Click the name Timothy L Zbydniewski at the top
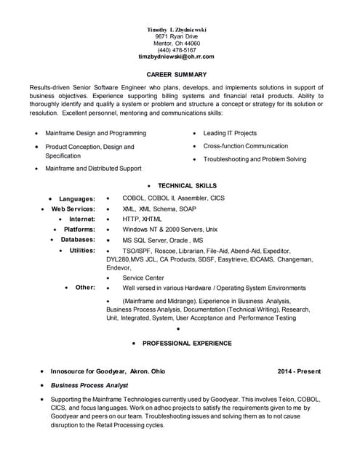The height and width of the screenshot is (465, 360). click(177, 29)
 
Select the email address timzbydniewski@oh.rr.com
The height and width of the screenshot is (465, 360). click(177, 56)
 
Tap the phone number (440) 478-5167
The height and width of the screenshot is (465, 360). click(177, 49)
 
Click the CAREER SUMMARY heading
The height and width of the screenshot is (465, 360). click(177, 75)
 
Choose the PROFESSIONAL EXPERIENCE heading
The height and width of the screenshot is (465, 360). click(187, 343)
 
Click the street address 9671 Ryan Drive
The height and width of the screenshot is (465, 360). click(177, 36)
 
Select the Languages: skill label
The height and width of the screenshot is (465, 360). click(77, 199)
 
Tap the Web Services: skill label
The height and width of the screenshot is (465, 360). click(73, 209)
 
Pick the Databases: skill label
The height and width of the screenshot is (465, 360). click(78, 239)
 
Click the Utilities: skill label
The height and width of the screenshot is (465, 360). click(82, 250)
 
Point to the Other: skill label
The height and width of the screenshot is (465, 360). click(85, 288)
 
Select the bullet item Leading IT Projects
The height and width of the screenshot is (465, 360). click(230, 134)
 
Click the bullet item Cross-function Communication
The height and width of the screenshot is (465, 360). click(246, 146)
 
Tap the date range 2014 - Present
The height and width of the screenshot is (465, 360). click(299, 371)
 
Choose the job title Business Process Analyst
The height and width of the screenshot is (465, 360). click(89, 385)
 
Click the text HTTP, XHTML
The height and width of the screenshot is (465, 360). click(143, 219)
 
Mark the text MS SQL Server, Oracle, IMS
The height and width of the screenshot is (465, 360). click(163, 240)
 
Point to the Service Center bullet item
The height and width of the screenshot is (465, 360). click(143, 278)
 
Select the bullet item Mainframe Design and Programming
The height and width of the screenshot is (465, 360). click(95, 134)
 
